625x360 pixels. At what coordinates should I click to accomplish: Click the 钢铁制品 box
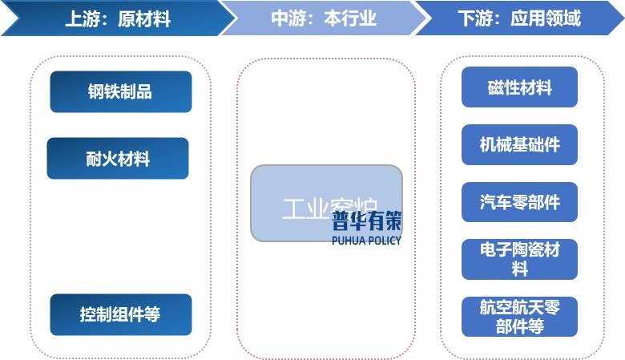pyautogui.click(x=120, y=91)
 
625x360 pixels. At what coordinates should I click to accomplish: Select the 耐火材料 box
pyautogui.click(x=118, y=158)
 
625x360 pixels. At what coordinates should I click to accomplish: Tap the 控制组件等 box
pyautogui.click(x=120, y=314)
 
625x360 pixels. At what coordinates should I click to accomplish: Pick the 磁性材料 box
pyautogui.click(x=519, y=87)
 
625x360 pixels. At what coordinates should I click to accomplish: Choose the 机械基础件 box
pyautogui.click(x=519, y=144)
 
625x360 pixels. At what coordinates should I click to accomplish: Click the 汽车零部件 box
pyautogui.click(x=519, y=202)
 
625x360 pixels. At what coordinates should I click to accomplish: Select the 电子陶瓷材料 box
pyautogui.click(x=519, y=259)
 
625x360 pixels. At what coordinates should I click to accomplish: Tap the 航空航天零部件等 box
pyautogui.click(x=519, y=317)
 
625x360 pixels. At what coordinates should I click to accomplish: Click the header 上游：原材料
pyautogui.click(x=118, y=18)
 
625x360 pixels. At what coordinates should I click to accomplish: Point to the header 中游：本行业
pyautogui.click(x=324, y=18)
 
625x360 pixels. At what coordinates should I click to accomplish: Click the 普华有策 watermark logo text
pyautogui.click(x=366, y=221)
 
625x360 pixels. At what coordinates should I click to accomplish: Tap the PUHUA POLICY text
pyautogui.click(x=366, y=240)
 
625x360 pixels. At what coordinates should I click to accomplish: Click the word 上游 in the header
pyautogui.click(x=81, y=18)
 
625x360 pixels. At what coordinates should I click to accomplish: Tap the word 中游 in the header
pyautogui.click(x=288, y=18)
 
